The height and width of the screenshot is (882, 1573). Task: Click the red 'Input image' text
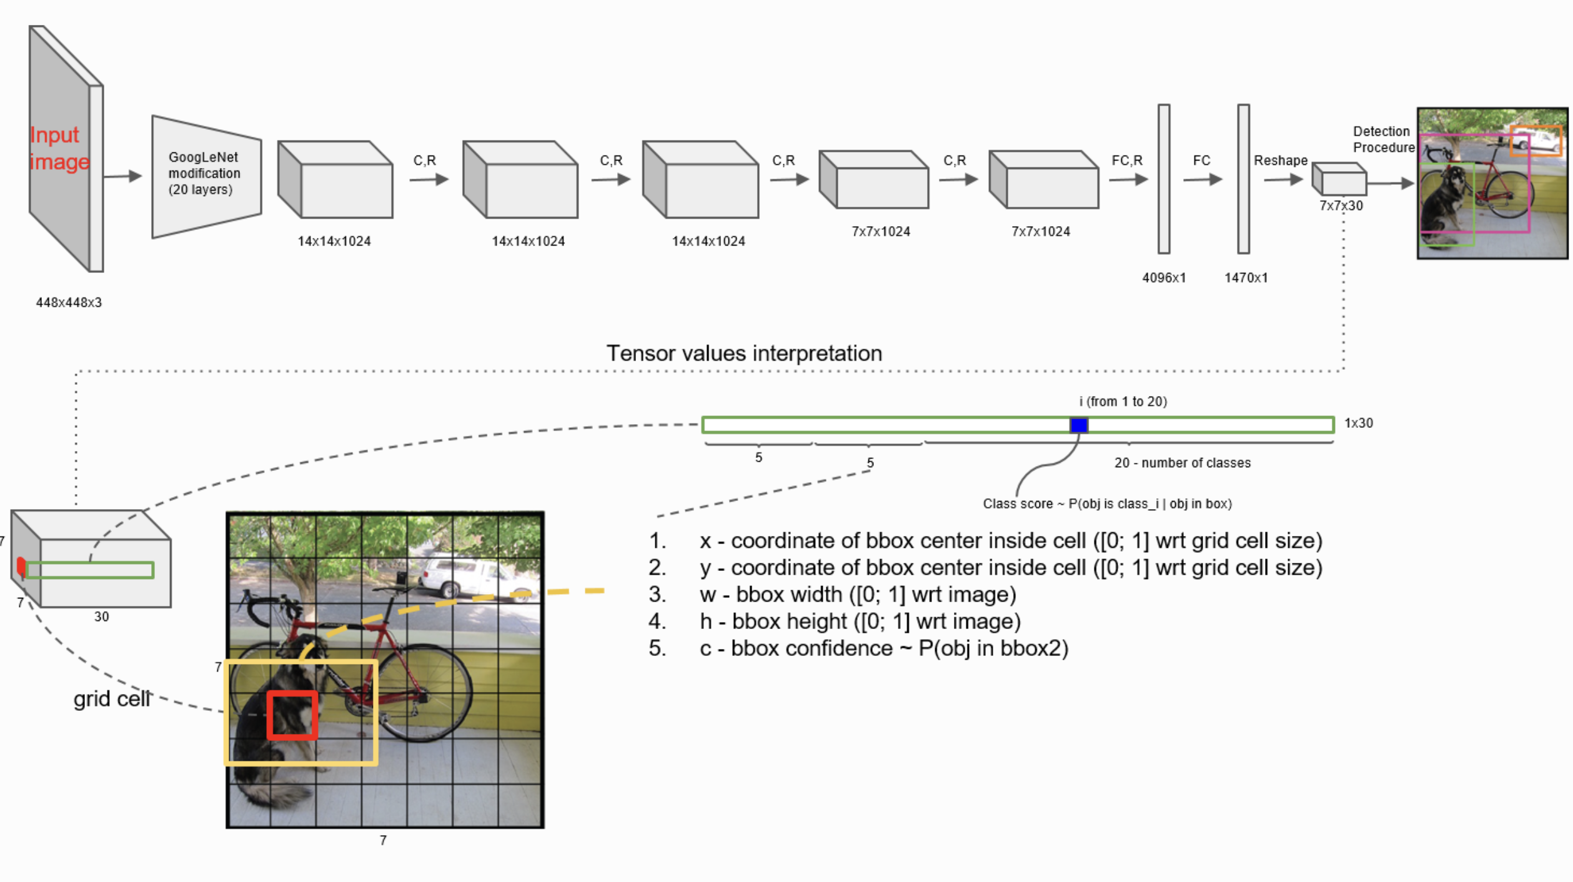tap(59, 148)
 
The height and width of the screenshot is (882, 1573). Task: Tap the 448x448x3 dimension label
tap(69, 303)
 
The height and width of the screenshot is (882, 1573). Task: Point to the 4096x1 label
tap(1164, 278)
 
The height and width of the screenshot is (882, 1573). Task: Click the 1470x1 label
tap(1246, 278)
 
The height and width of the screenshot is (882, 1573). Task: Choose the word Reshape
tap(1280, 161)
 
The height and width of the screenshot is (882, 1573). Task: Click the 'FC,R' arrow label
tap(1127, 161)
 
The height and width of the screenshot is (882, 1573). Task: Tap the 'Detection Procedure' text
tap(1383, 139)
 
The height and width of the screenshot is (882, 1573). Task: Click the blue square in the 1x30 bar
tap(1079, 425)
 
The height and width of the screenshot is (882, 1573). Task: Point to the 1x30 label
tap(1358, 423)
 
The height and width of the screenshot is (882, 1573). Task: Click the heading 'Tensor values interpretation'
tap(744, 354)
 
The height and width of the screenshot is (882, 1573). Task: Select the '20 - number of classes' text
tap(1182, 463)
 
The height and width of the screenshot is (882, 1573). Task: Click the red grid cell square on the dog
tap(292, 715)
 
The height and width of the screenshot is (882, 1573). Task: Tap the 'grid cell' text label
tap(112, 698)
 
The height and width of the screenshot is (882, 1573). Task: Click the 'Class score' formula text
tap(1107, 504)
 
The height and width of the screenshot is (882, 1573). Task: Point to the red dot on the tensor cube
tap(21, 566)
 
